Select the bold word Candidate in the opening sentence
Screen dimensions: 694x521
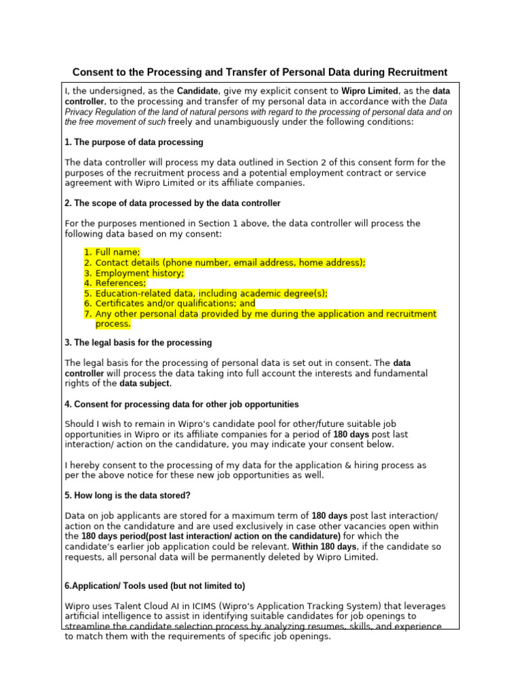[198, 91]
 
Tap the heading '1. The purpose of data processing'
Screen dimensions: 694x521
[134, 142]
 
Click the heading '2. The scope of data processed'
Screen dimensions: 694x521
[172, 203]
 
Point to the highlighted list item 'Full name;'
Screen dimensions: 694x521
[117, 252]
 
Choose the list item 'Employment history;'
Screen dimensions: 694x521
[139, 272]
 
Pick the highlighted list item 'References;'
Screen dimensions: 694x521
[120, 283]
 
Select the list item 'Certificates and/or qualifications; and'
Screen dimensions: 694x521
[175, 304]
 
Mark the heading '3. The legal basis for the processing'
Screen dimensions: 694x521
[138, 342]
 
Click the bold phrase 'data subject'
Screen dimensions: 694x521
[145, 384]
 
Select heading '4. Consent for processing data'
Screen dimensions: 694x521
[181, 404]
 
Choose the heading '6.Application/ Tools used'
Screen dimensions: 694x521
[155, 586]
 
